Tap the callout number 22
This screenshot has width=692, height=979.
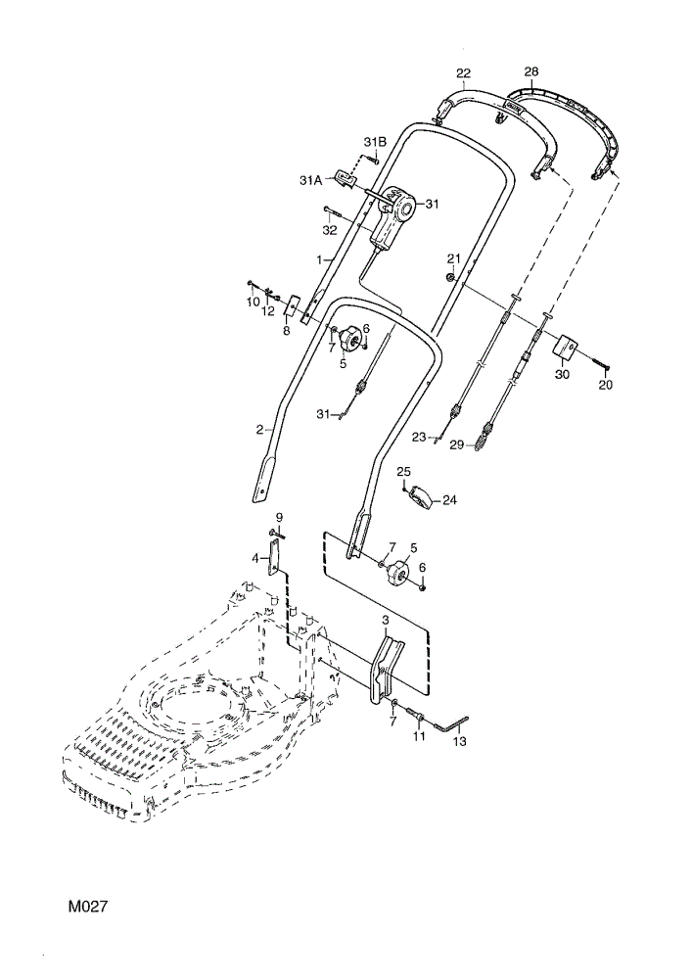(463, 73)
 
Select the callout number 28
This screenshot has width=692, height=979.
(531, 71)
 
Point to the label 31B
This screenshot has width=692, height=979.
(375, 142)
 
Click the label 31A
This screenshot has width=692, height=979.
(310, 180)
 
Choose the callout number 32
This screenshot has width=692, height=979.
(330, 230)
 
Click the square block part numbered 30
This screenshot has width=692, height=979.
(565, 347)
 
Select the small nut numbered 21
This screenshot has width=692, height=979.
(449, 276)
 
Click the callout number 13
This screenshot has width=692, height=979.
(459, 741)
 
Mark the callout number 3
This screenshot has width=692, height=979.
(386, 620)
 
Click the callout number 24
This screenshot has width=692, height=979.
(449, 499)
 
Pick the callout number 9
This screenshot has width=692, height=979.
(279, 517)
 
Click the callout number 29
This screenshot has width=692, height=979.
(457, 445)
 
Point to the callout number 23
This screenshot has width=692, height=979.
(419, 437)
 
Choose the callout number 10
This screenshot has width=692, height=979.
(253, 302)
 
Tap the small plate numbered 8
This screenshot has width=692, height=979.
(292, 305)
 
